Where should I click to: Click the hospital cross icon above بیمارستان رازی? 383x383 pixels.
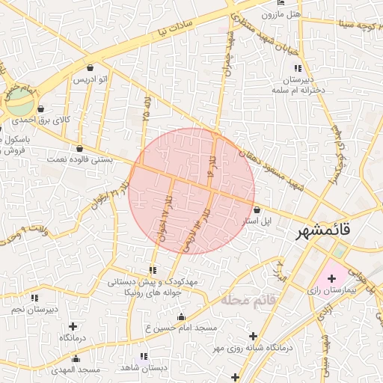tap(332, 278)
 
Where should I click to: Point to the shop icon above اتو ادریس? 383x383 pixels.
tap(91, 67)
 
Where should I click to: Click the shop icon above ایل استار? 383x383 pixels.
tap(257, 210)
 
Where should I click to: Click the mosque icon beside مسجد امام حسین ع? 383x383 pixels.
tap(180, 317)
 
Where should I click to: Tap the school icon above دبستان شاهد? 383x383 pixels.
tap(144, 356)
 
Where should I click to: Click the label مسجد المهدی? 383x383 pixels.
tap(76, 370)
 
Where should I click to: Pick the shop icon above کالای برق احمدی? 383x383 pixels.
tap(40, 108)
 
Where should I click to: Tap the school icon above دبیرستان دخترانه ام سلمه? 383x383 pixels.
tap(298, 69)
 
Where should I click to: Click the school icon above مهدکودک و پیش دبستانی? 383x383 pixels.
tap(153, 270)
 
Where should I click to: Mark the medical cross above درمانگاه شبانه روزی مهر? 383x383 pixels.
tap(254, 336)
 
